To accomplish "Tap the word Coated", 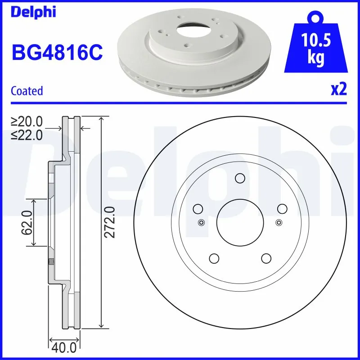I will (27, 90).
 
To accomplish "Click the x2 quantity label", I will (339, 90).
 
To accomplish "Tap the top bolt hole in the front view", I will (240, 178).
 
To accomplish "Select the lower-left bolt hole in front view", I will (214, 258).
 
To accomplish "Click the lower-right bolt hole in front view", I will (266, 258).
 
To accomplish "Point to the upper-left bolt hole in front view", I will (198, 209).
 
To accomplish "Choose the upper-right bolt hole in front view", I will (282, 209).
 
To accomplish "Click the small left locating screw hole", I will (201, 222).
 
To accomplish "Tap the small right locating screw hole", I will (279, 222).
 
